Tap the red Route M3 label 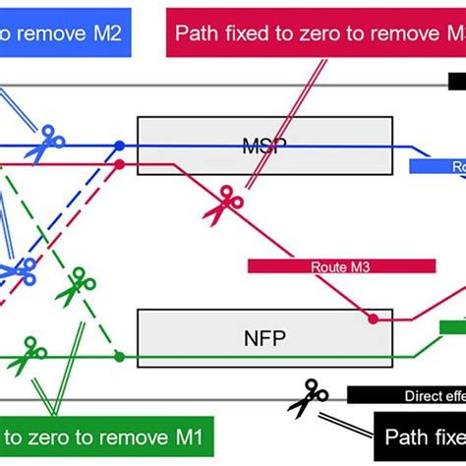click(x=341, y=265)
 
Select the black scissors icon click(x=308, y=396)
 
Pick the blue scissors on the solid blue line click(x=44, y=145)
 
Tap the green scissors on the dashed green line click(x=75, y=286)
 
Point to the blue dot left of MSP click(x=119, y=146)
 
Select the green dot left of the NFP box click(x=119, y=356)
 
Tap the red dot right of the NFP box click(x=373, y=319)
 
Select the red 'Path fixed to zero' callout click(x=315, y=32)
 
